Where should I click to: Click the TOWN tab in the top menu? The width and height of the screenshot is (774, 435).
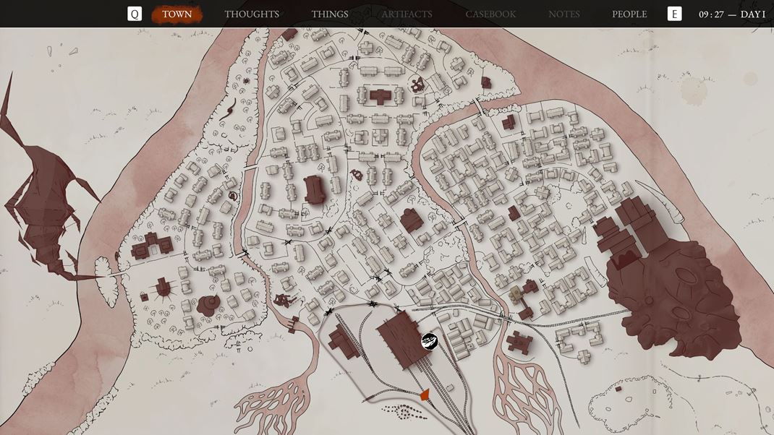[177, 14]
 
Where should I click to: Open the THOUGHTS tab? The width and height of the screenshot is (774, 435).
[252, 14]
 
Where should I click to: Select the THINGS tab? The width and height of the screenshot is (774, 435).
[330, 14]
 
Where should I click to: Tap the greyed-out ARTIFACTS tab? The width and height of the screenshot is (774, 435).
[407, 14]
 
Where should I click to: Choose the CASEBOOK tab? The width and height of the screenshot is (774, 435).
[490, 14]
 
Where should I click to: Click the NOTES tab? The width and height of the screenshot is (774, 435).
[564, 14]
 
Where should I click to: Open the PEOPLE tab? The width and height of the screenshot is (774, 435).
[629, 14]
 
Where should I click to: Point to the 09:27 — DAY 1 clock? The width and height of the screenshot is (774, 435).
[731, 14]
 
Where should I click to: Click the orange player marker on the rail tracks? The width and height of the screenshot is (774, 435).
[425, 394]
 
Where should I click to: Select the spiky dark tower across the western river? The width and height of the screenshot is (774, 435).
[43, 210]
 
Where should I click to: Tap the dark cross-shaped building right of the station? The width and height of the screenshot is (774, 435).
[519, 342]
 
